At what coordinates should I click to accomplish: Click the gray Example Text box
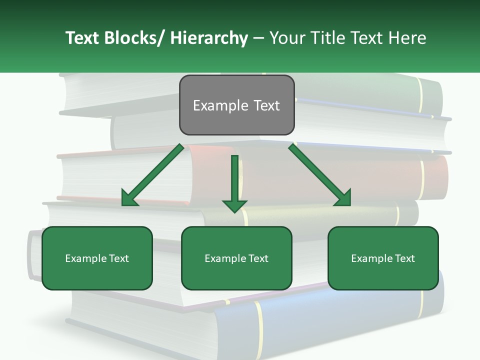236,105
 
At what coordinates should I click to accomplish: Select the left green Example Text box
97,258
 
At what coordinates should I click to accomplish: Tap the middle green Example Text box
236,258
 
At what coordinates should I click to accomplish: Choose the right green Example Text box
383,258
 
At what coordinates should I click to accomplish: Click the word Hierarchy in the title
209,38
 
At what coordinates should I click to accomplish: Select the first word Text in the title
83,38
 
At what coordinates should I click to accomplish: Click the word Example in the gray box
220,105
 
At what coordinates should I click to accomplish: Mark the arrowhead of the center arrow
234,205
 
